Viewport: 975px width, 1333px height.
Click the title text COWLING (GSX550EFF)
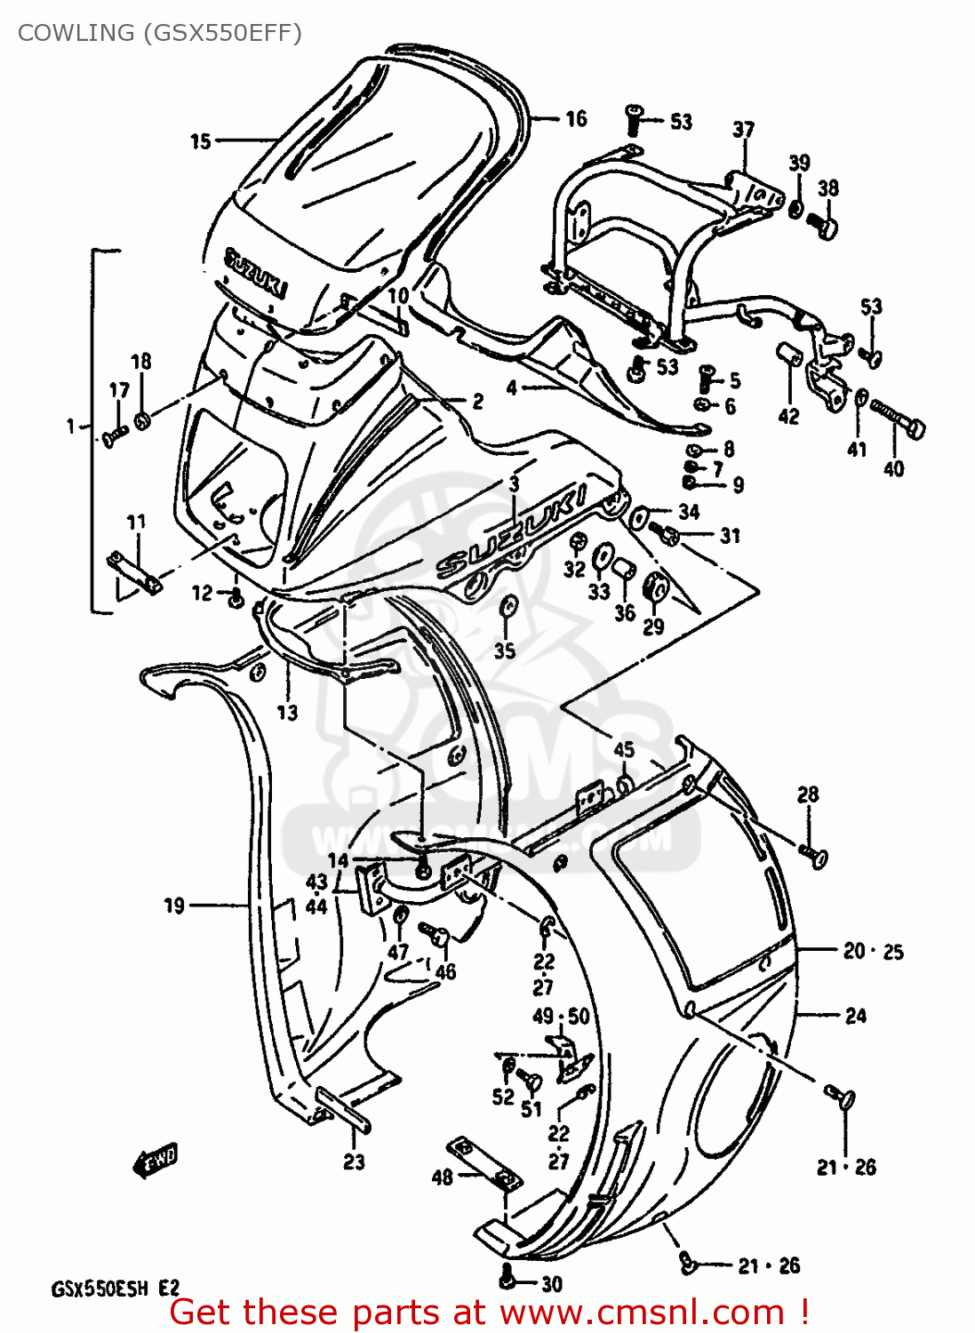tap(159, 33)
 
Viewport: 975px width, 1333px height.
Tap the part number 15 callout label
tap(201, 141)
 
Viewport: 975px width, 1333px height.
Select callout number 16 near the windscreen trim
tap(576, 119)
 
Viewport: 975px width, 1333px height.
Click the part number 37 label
tap(743, 130)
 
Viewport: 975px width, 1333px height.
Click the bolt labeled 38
tap(826, 226)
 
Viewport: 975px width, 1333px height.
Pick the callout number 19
tap(174, 906)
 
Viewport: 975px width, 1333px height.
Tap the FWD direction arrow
tap(156, 1159)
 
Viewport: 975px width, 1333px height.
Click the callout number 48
tap(442, 1177)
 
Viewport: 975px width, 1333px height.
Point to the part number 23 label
tap(354, 1161)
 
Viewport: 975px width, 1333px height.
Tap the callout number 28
tap(807, 794)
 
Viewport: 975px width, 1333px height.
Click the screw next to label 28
tap(813, 855)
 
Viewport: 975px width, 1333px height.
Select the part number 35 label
tap(505, 651)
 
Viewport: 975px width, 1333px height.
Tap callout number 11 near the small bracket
tap(136, 522)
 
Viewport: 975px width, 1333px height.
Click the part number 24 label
tap(855, 1016)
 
